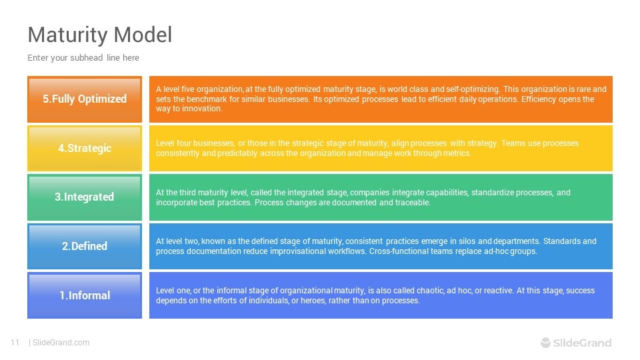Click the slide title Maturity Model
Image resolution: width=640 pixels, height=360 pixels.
(x=99, y=35)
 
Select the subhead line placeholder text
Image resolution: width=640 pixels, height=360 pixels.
(x=83, y=58)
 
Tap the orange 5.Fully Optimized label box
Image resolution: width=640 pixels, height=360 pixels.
(x=85, y=99)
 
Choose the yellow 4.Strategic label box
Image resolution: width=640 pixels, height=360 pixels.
(x=85, y=148)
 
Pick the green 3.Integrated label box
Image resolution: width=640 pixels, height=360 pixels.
(x=85, y=197)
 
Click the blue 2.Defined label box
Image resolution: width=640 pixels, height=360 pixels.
(x=85, y=246)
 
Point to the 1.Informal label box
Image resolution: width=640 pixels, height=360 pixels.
(x=85, y=295)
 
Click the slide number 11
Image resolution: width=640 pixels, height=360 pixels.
(x=15, y=343)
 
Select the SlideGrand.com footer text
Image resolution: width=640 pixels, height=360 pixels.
(x=61, y=343)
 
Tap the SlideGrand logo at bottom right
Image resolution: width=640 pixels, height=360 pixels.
(x=575, y=343)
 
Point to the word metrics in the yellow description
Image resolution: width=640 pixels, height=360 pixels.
(x=456, y=153)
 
